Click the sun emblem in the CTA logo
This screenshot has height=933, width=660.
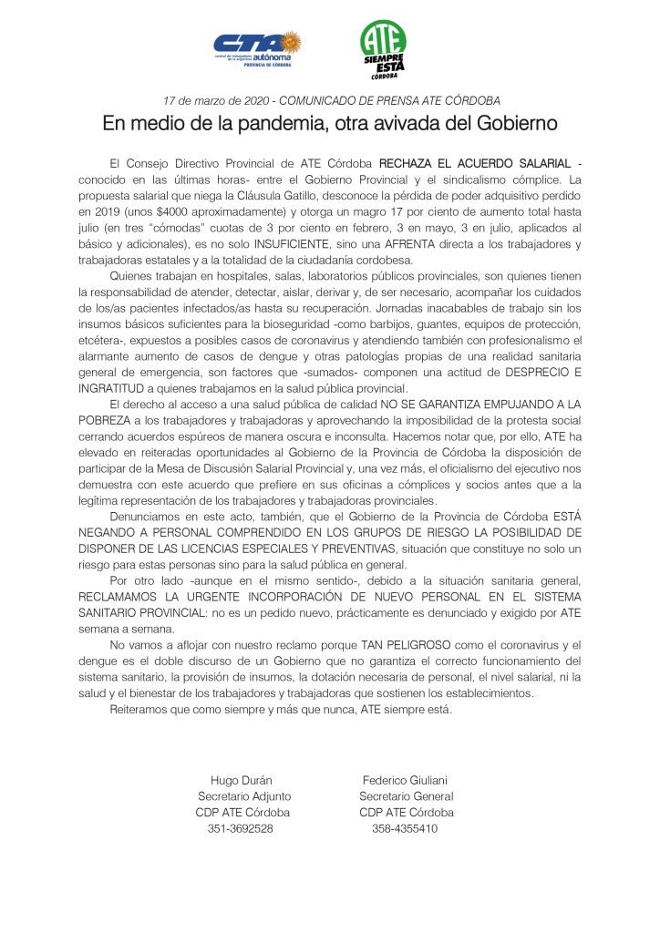click(291, 41)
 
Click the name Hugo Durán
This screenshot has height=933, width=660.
click(242, 780)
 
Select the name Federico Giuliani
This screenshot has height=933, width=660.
click(405, 780)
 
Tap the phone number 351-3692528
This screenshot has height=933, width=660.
click(242, 829)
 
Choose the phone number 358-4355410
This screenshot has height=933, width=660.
click(405, 829)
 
